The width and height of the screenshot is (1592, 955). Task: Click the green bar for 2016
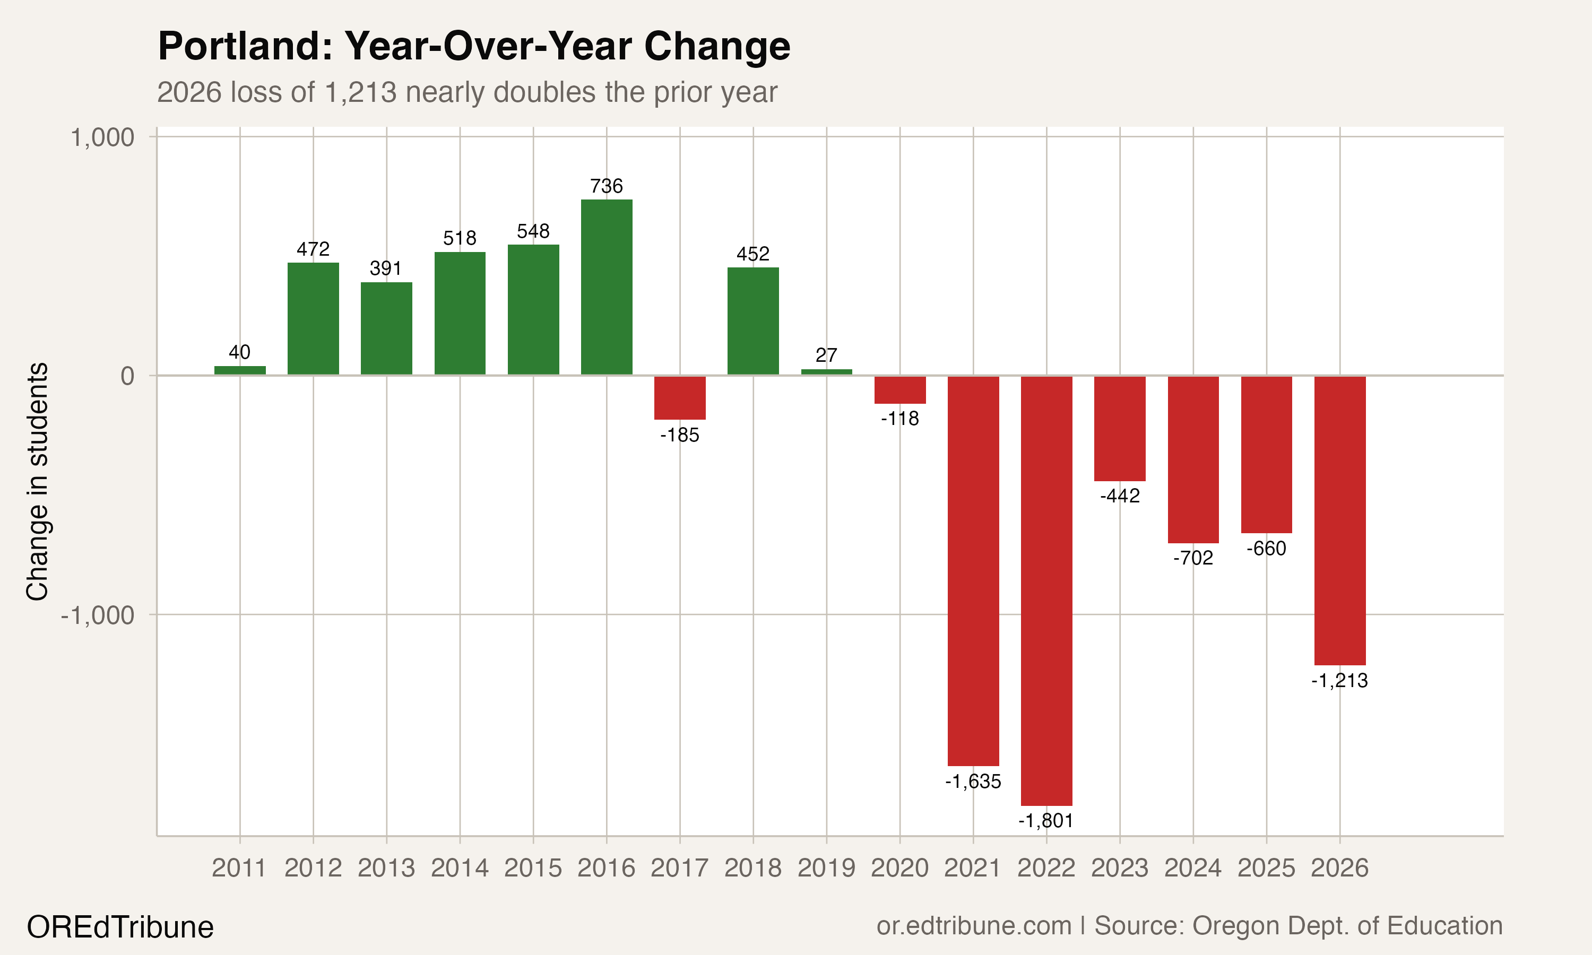[606, 287]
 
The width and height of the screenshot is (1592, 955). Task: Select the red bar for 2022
[1046, 590]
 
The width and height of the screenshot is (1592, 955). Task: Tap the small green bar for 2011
[239, 370]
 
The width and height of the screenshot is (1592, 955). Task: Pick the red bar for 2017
[680, 398]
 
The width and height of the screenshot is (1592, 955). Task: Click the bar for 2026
[1340, 520]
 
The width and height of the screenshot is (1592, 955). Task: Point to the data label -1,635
[973, 782]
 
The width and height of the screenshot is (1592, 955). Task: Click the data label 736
[606, 186]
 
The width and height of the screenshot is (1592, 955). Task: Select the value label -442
[1120, 496]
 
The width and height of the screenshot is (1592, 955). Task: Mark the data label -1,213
[1340, 681]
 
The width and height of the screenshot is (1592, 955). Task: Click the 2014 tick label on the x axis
[460, 868]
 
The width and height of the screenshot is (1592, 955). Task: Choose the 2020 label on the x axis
[899, 868]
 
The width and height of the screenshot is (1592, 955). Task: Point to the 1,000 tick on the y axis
[102, 138]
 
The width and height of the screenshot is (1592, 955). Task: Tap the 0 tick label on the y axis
[127, 376]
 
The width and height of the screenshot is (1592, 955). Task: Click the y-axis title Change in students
[37, 481]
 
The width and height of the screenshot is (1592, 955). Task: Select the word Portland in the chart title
[245, 46]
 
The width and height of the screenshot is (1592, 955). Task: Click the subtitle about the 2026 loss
[467, 92]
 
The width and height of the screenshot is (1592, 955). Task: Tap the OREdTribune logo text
[120, 927]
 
